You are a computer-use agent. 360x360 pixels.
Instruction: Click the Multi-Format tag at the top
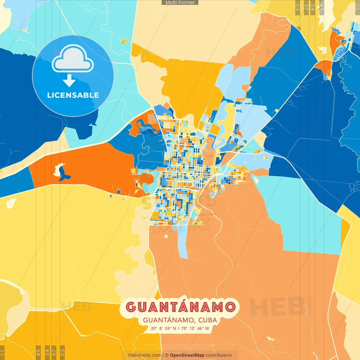tap(180, 3)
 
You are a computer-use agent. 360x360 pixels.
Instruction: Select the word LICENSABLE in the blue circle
tap(73, 95)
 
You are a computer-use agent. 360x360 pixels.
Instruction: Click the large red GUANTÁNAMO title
tap(180, 307)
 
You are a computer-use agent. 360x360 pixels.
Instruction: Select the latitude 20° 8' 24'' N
tap(163, 328)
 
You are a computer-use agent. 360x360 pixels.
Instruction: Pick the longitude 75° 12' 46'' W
tap(195, 328)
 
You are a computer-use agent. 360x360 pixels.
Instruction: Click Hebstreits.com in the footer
tap(145, 355)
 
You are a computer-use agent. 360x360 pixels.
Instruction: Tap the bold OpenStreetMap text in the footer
tap(187, 355)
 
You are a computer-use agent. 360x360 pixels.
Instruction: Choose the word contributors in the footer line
tap(219, 355)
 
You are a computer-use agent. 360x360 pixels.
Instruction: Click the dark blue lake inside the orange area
tap(64, 176)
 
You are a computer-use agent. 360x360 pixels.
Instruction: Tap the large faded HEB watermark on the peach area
tap(277, 307)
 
